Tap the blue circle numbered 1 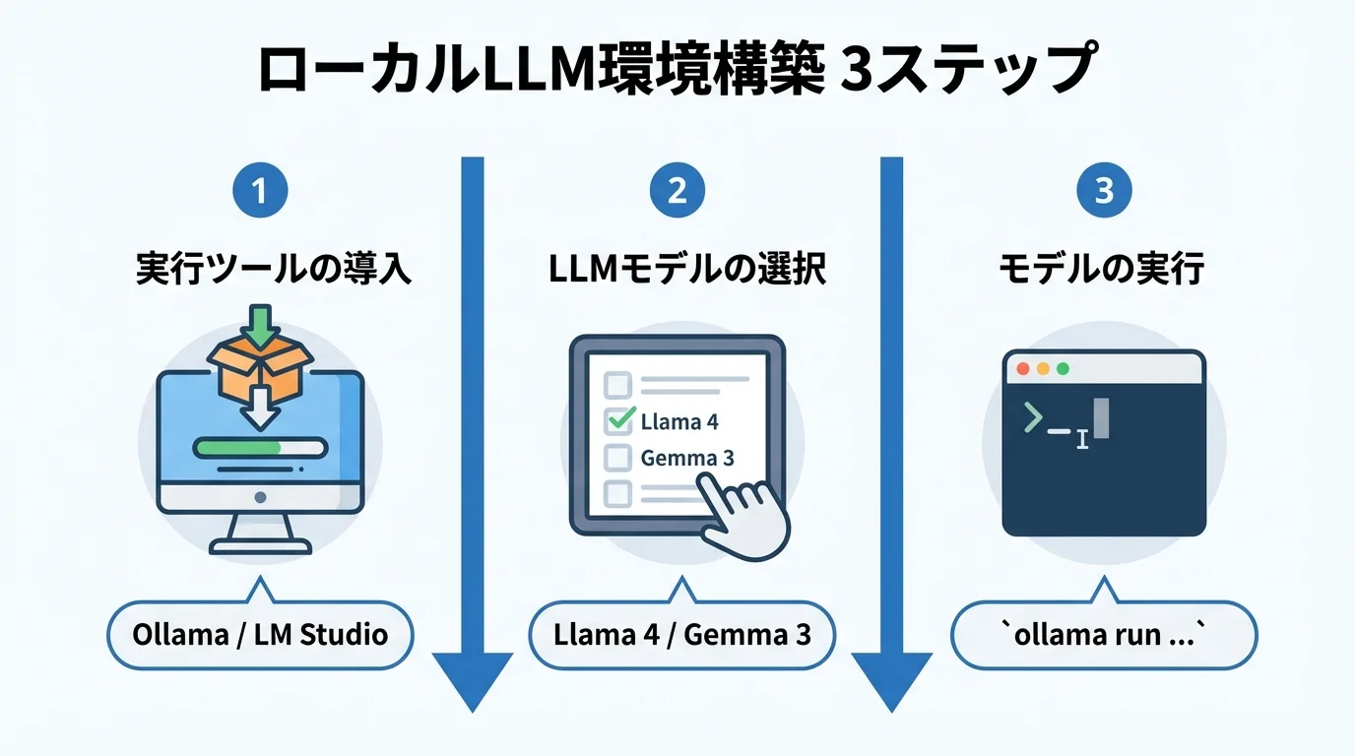pyautogui.click(x=260, y=190)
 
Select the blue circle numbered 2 pyautogui.click(x=677, y=190)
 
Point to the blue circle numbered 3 pyautogui.click(x=1104, y=190)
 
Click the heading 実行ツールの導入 pyautogui.click(x=273, y=269)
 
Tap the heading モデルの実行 pyautogui.click(x=1101, y=269)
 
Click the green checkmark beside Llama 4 pyautogui.click(x=619, y=420)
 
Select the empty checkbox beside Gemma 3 pyautogui.click(x=616, y=458)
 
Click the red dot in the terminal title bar pyautogui.click(x=1022, y=369)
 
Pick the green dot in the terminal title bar pyautogui.click(x=1062, y=369)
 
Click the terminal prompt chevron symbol pyautogui.click(x=1032, y=418)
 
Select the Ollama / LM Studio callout pyautogui.click(x=260, y=634)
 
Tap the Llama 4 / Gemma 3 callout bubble pyautogui.click(x=681, y=634)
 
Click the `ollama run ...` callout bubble pyautogui.click(x=1103, y=634)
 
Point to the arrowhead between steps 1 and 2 pyautogui.click(x=473, y=679)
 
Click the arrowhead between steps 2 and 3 pyautogui.click(x=891, y=679)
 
